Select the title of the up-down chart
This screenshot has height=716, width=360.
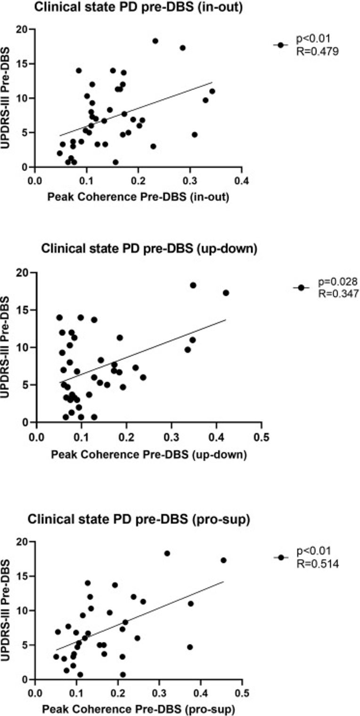[x=149, y=248]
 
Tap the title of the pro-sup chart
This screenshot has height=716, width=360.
[x=139, y=520]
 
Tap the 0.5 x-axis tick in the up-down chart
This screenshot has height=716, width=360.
[x=261, y=437]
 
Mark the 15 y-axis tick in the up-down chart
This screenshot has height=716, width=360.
[x=22, y=310]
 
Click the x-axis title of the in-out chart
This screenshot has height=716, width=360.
[x=138, y=197]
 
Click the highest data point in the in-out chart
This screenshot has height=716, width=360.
[x=155, y=41]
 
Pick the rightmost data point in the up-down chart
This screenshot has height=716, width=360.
[x=226, y=293]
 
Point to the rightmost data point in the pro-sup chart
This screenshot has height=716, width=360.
[x=223, y=560]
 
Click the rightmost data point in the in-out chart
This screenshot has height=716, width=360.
[x=212, y=91]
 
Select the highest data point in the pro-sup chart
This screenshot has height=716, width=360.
[x=167, y=553]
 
